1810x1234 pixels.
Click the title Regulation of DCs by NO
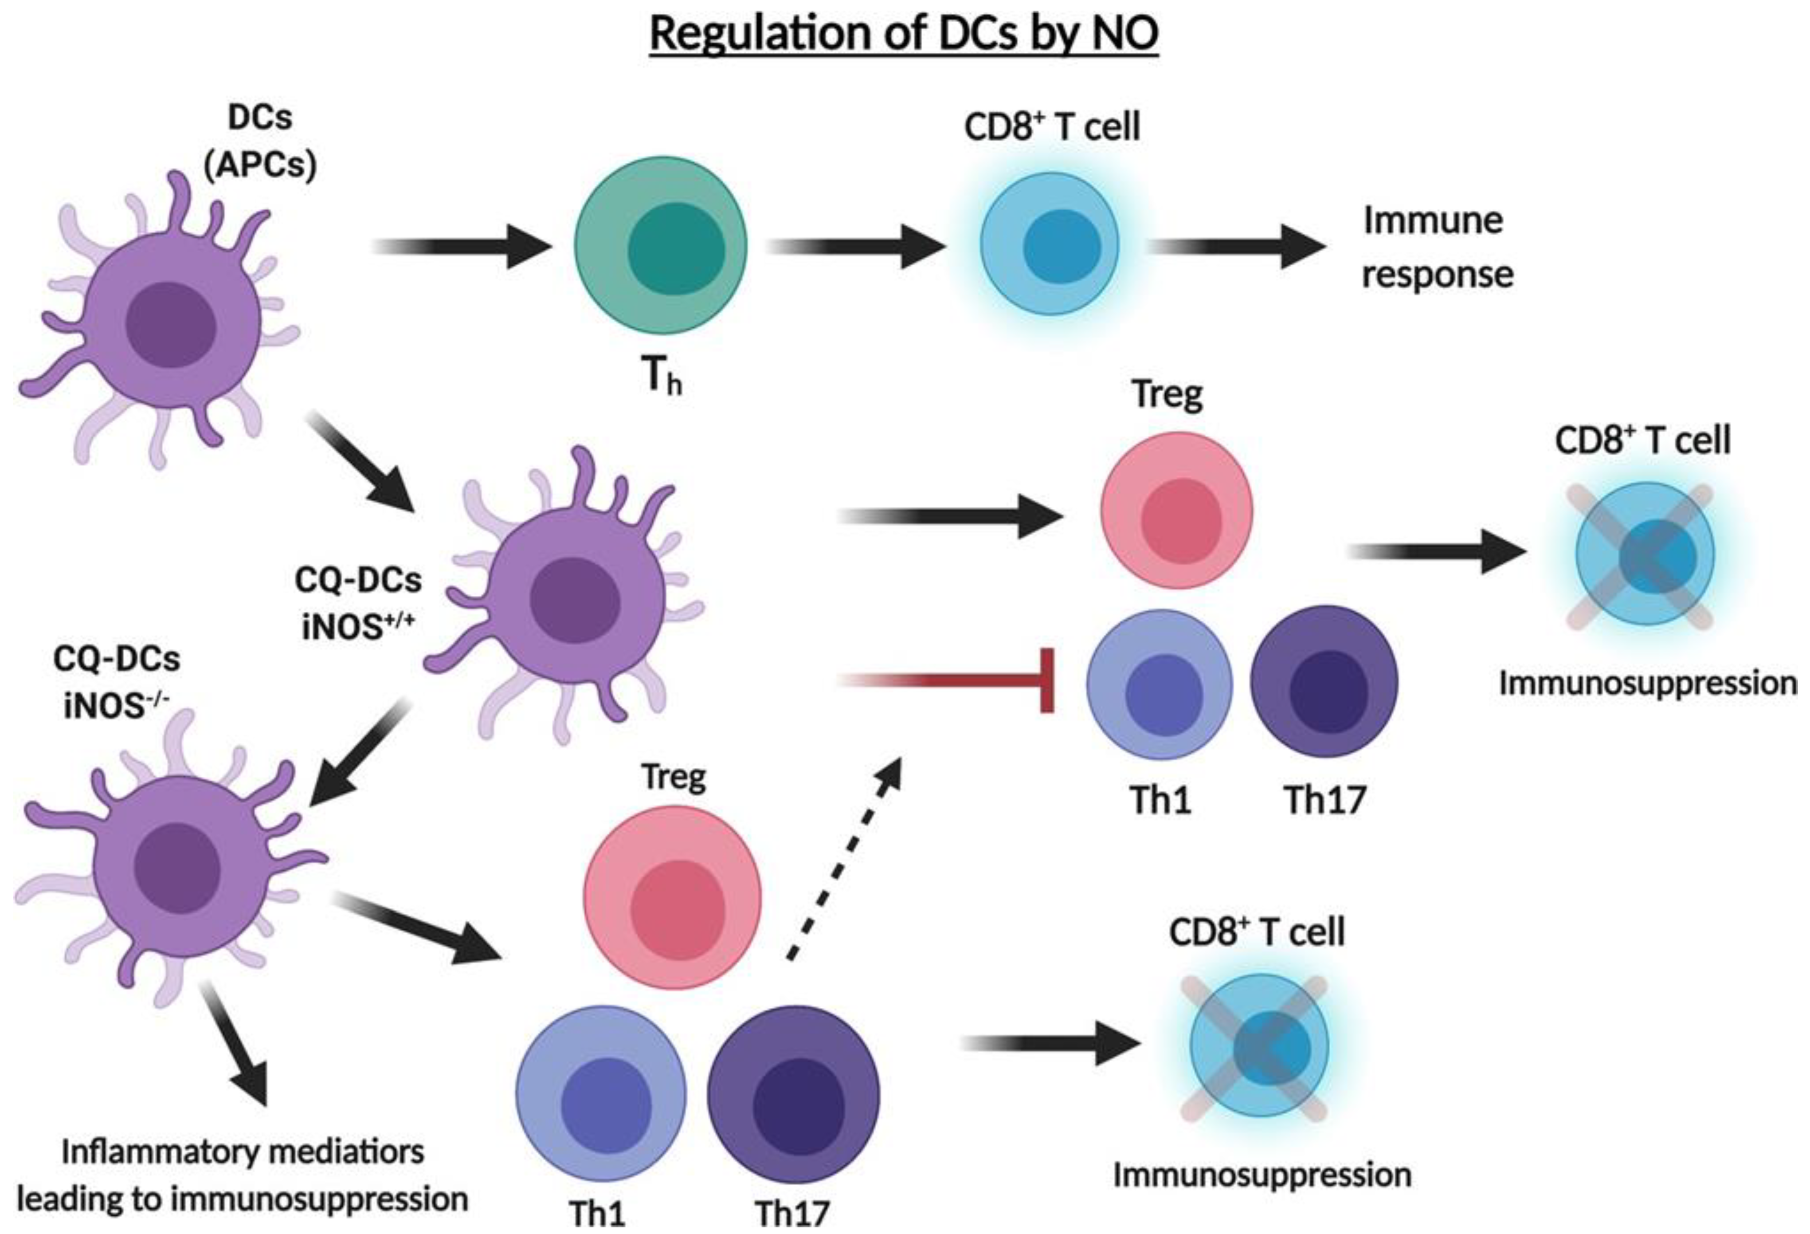coord(903,34)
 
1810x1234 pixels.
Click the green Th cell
coord(660,246)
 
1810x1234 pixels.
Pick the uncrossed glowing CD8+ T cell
coord(1050,244)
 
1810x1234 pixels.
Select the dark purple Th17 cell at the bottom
coord(793,1094)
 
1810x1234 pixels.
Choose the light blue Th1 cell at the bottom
coord(601,1094)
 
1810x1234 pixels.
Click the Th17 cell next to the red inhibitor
coord(1324,682)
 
